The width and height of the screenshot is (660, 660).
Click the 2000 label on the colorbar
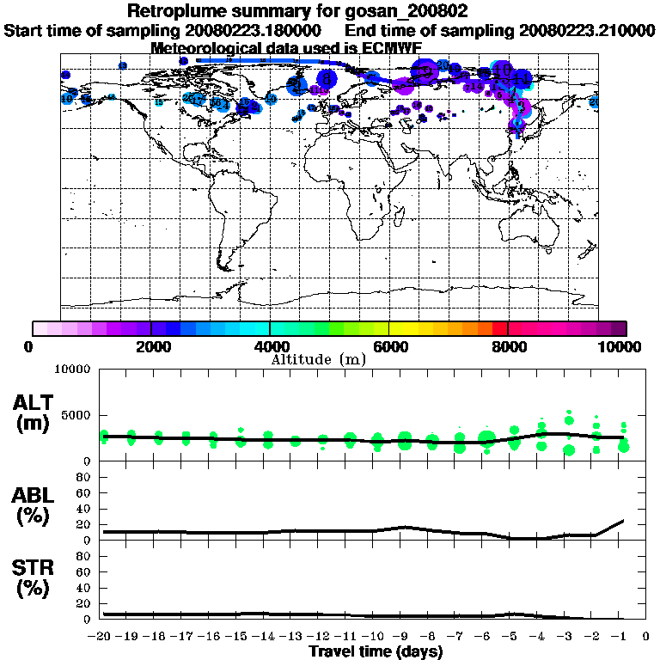point(151,346)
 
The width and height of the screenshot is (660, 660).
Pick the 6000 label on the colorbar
point(388,346)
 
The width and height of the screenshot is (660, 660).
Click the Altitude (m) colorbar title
point(318,359)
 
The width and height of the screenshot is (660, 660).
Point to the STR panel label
point(35,577)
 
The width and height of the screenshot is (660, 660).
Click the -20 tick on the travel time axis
point(103,636)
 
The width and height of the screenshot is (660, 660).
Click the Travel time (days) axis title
point(376,651)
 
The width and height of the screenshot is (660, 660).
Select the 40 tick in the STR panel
point(84,587)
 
